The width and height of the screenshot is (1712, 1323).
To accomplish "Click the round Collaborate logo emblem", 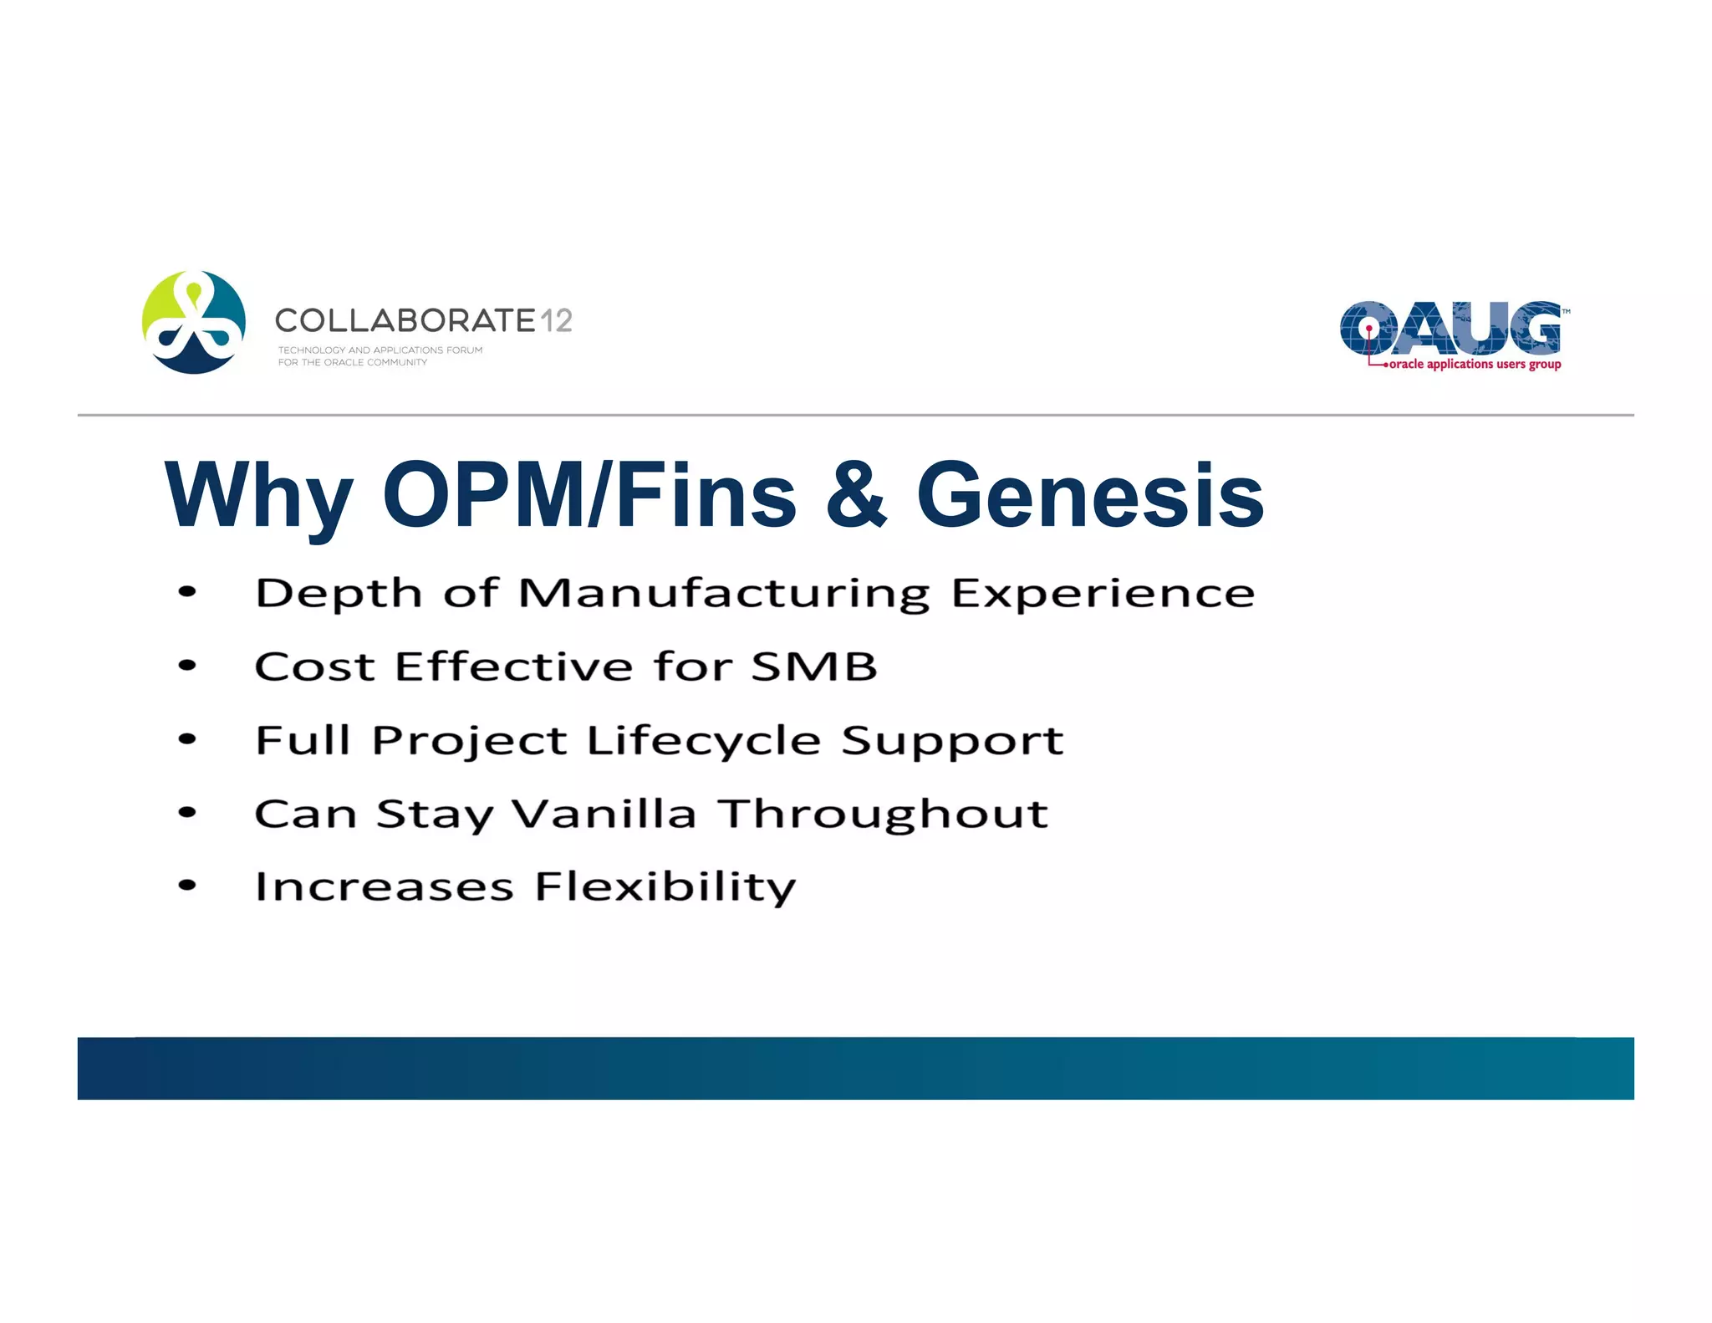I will click(193, 322).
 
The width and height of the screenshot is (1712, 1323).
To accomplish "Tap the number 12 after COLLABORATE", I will click(556, 320).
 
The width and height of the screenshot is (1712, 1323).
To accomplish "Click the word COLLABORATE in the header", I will click(405, 320).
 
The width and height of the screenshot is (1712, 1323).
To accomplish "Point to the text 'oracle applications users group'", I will click(1475, 365).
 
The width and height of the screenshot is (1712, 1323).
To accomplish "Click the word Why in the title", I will click(258, 496).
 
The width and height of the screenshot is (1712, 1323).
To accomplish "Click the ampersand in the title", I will click(856, 496).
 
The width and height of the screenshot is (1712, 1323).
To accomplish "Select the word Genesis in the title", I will click(1089, 496).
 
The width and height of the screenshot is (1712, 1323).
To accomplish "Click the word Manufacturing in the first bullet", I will click(723, 595).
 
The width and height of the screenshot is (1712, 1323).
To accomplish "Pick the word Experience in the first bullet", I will click(1103, 595).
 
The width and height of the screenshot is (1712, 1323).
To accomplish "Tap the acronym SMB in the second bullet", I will click(813, 667).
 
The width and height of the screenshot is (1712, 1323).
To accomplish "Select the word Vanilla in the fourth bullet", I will click(604, 814).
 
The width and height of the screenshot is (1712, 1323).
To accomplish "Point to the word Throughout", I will click(884, 814).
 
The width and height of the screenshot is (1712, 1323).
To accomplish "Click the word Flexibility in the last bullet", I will click(665, 887).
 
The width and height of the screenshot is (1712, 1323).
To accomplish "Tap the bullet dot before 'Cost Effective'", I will click(187, 667).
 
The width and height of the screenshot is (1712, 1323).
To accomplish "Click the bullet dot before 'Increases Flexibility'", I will click(187, 886).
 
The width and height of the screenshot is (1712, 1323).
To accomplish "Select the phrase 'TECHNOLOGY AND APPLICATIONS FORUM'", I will click(380, 350).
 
